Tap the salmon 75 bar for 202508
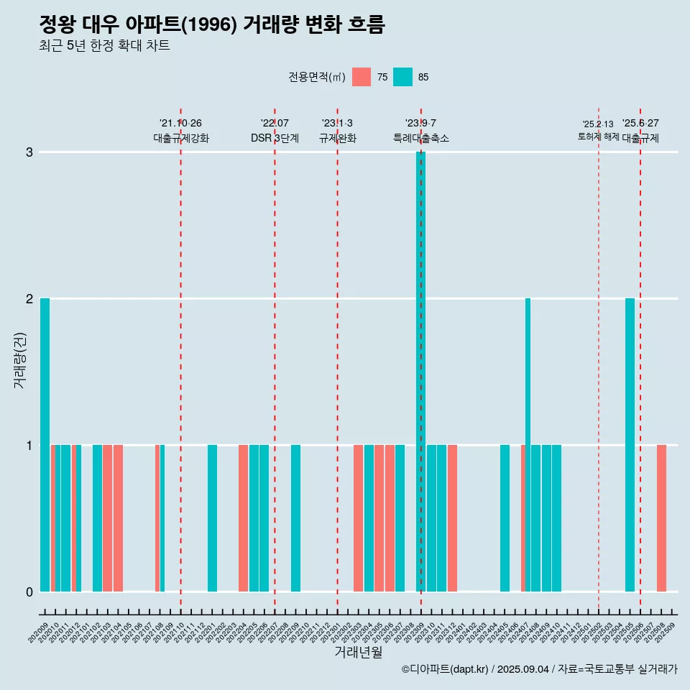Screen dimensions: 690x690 pos(661,517)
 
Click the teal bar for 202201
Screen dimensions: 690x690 pos(212,517)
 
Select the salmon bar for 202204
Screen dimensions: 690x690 pos(243,517)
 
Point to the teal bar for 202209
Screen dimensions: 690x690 pos(295,517)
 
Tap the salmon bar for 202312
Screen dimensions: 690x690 pos(452,517)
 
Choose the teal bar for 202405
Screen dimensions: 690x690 pos(505,517)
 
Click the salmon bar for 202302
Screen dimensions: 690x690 pos(358,517)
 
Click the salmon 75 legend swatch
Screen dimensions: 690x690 pos(362,77)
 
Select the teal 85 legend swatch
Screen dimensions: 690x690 pos(402,77)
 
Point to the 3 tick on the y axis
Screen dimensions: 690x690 pos(29,152)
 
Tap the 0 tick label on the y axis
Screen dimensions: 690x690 pos(29,592)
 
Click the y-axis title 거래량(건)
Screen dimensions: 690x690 pos(20,359)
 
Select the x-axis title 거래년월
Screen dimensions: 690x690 pos(358,652)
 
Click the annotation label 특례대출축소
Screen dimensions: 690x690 pos(421,138)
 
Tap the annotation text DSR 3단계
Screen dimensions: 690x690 pos(275,138)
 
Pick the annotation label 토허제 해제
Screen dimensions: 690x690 pos(598,136)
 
